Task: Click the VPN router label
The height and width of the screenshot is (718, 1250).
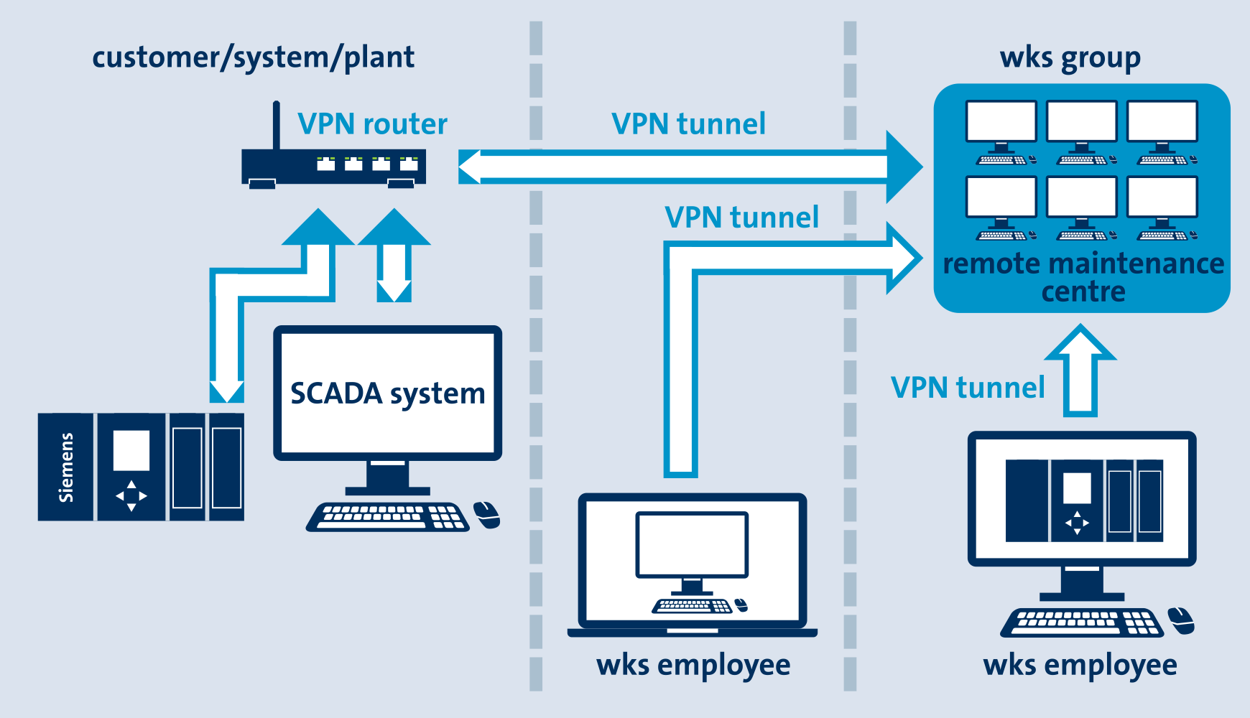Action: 372,124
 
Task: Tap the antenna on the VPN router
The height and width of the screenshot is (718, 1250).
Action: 276,126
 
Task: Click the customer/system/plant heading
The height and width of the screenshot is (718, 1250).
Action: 253,57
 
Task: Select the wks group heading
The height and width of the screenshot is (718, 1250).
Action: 1070,58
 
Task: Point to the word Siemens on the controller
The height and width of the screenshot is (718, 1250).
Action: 66,467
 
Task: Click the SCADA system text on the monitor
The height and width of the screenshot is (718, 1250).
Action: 387,393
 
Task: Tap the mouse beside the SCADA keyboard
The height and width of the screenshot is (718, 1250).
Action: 487,514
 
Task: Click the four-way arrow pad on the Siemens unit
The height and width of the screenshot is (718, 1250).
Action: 131,495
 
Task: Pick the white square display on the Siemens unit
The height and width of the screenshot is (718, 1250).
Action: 131,450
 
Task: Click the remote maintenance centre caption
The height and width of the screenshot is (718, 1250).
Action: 1083,277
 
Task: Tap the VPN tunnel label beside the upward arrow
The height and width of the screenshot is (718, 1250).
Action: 967,388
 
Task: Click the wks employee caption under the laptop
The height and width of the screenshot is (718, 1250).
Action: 693,665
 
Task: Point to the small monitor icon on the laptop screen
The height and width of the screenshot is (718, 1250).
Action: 692,546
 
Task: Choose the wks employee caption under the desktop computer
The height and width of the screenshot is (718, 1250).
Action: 1080,665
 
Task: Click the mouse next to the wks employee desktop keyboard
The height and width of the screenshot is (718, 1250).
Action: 1180,620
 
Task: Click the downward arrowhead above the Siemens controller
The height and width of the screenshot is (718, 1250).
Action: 227,391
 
